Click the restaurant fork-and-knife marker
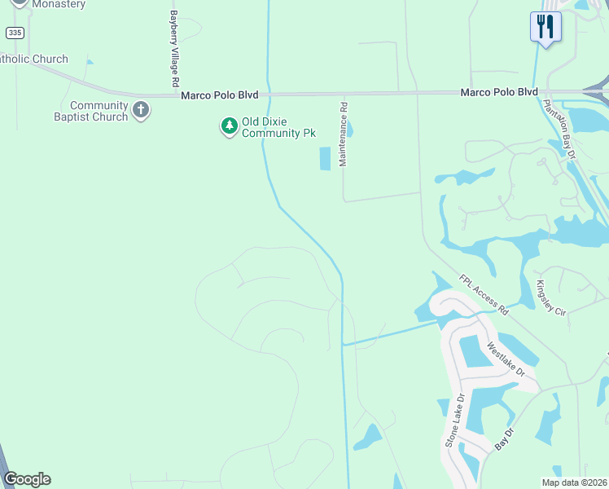pyautogui.click(x=544, y=26)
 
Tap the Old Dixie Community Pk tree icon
pyautogui.click(x=229, y=126)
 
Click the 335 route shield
pyautogui.click(x=14, y=32)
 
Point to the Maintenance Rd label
pyautogui.click(x=344, y=134)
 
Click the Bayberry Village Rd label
pyautogui.click(x=173, y=49)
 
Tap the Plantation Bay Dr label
pyautogui.click(x=559, y=131)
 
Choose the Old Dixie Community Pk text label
pyautogui.click(x=278, y=127)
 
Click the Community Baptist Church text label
pyautogui.click(x=99, y=111)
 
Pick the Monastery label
pyautogui.click(x=57, y=4)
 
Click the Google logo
pyautogui.click(x=27, y=479)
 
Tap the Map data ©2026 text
pyautogui.click(x=574, y=482)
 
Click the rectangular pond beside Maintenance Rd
pyautogui.click(x=326, y=158)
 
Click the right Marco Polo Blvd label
pyautogui.click(x=498, y=92)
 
